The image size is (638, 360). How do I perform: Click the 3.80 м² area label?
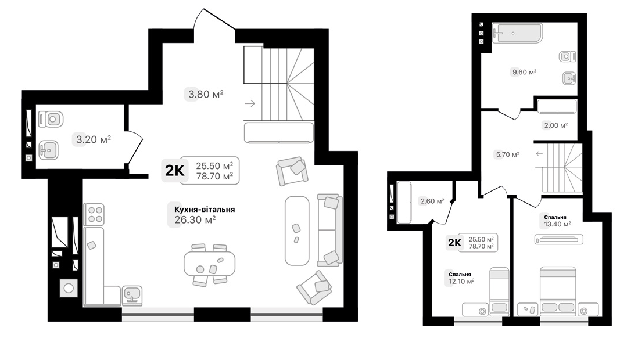(x=205, y=93)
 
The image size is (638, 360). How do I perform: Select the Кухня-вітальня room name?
(x=200, y=209)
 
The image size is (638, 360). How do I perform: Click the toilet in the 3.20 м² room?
(x=50, y=120)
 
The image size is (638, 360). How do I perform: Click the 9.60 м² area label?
(x=523, y=72)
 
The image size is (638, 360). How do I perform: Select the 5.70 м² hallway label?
(x=507, y=154)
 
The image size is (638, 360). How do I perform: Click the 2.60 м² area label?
(x=432, y=201)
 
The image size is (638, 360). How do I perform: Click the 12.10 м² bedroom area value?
(x=461, y=281)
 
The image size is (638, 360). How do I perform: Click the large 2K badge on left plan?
(x=174, y=170)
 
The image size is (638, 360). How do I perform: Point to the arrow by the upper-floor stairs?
(x=539, y=154)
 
